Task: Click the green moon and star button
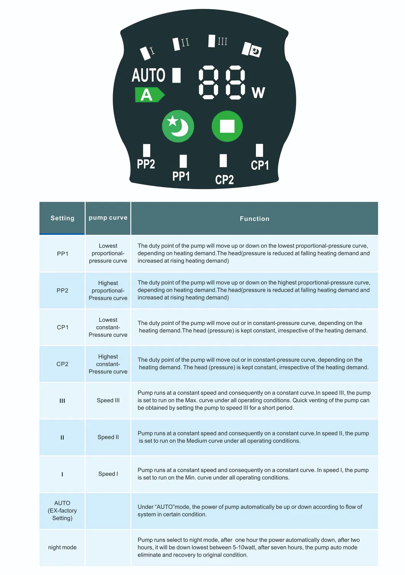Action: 178,126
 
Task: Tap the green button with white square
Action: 227,126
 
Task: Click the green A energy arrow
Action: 149,95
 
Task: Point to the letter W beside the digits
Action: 258,93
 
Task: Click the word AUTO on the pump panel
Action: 148,75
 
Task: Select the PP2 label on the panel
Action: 146,164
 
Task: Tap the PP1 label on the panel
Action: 181,176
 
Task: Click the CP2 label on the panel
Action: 224,180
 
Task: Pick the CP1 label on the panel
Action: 260,165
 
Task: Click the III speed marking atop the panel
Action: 222,41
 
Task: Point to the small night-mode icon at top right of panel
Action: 255,51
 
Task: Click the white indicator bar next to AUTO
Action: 176,75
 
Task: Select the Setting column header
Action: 62,218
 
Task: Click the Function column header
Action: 254,219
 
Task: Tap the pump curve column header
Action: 108,218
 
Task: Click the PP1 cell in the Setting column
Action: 62,253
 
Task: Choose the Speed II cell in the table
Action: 108,437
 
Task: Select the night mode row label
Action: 62,547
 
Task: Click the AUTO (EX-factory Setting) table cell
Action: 62,510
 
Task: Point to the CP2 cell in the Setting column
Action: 62,364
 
